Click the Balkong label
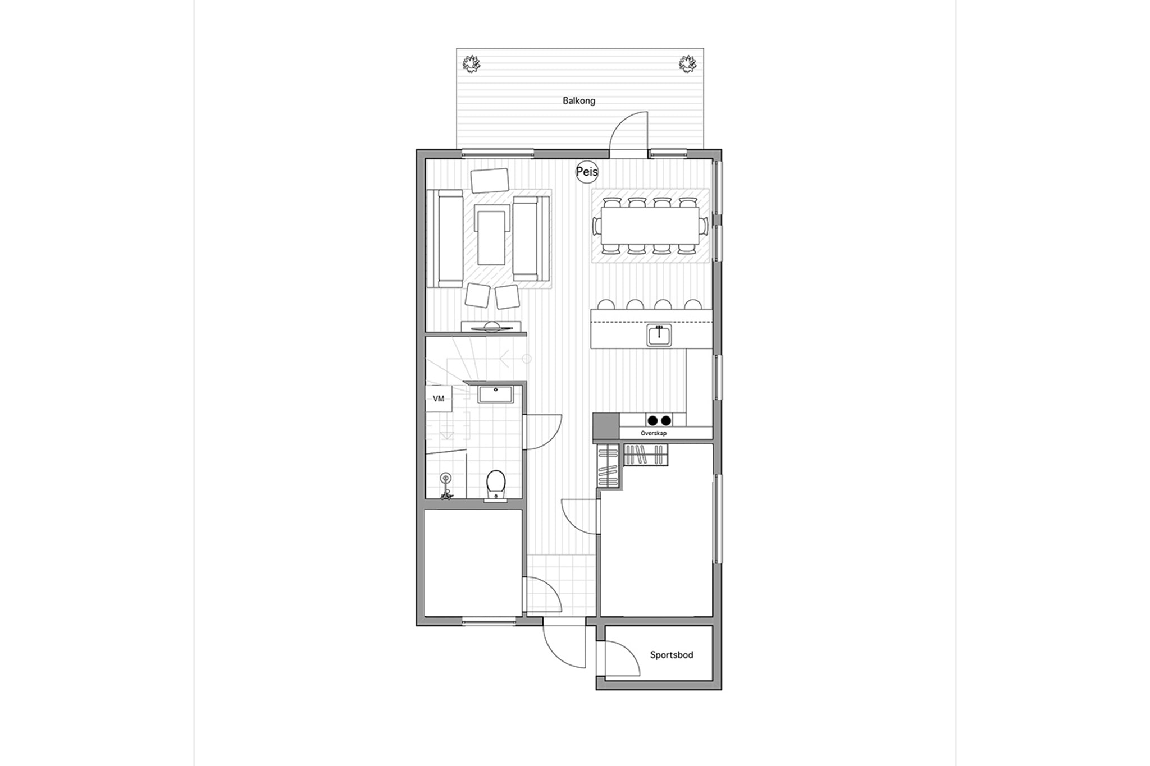coord(579,101)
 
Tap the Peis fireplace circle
coord(587,172)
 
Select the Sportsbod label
coord(672,655)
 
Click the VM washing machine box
coord(439,398)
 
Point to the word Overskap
coord(654,433)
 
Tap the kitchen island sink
coord(659,335)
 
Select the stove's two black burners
coord(659,420)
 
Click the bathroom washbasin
coord(495,394)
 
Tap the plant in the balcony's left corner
coord(472,63)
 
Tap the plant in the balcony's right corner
coord(688,63)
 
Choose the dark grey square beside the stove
coord(606,426)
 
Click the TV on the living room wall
coord(492,327)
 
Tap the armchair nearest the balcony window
coord(490,181)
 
